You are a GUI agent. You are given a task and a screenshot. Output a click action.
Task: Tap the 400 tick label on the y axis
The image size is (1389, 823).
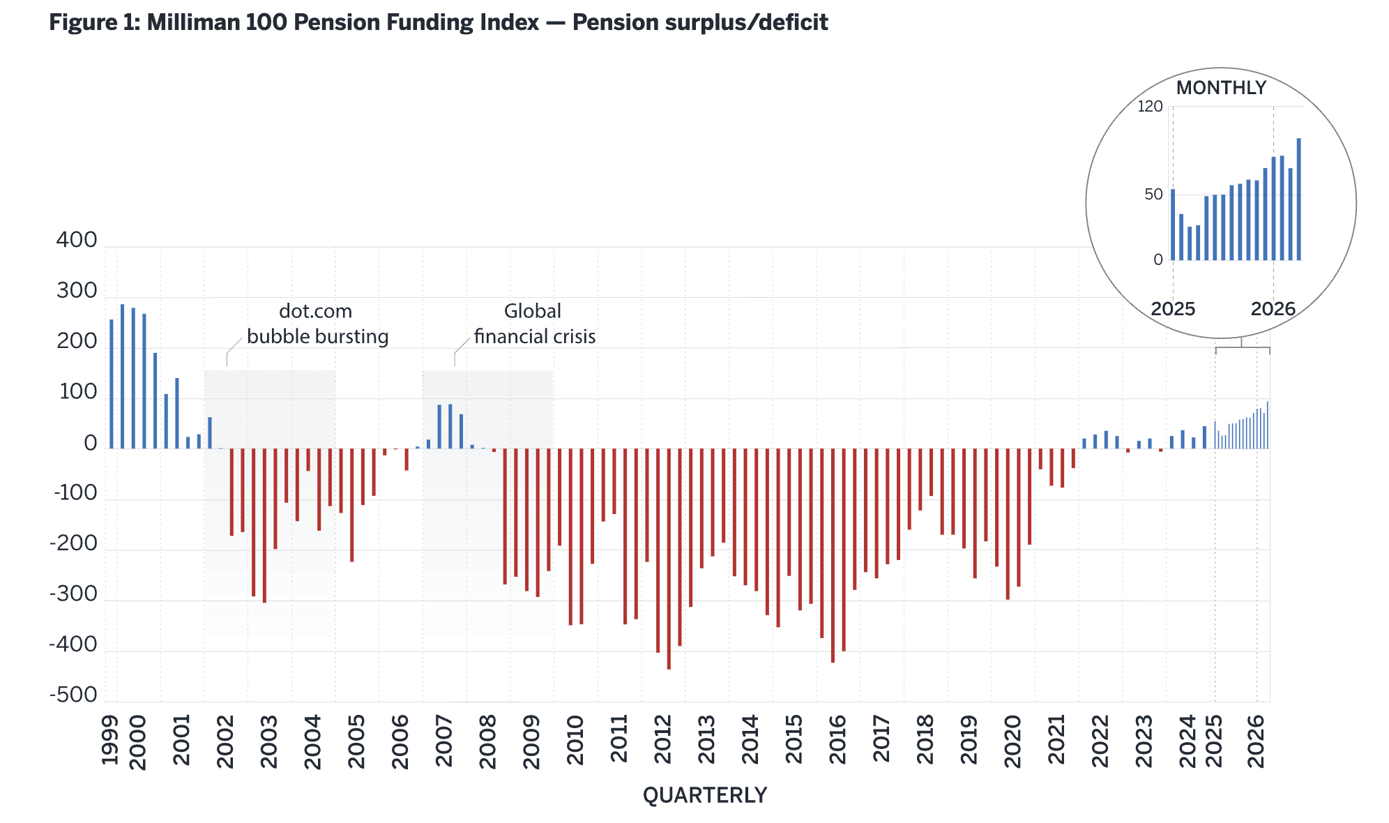(77, 240)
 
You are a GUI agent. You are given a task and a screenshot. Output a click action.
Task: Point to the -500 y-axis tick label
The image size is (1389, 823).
(73, 695)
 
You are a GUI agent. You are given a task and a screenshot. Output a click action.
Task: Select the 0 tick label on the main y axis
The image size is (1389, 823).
(91, 444)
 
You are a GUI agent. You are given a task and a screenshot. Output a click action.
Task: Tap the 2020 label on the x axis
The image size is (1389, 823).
(1012, 741)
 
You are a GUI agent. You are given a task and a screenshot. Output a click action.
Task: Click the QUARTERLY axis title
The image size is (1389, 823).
(705, 795)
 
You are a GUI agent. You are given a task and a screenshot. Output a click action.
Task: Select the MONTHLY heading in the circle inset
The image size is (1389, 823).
(1221, 88)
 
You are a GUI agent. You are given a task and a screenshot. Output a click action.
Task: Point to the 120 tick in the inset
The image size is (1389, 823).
(1151, 107)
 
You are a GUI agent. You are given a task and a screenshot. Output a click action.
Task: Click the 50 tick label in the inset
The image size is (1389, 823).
(1154, 195)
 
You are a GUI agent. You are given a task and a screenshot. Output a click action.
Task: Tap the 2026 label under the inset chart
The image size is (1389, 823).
(1273, 309)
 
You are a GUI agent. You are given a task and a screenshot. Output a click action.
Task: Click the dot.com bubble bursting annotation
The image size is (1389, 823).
(317, 324)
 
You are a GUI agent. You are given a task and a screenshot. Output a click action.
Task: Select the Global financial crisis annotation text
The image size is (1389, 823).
(535, 324)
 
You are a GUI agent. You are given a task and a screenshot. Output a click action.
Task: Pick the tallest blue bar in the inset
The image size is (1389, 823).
(1299, 199)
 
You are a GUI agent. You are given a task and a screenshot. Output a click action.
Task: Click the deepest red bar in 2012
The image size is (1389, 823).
(669, 559)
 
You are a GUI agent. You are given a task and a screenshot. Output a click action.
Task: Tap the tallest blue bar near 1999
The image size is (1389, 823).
(122, 377)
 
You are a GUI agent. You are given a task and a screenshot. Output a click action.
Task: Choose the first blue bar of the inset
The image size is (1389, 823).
(1173, 225)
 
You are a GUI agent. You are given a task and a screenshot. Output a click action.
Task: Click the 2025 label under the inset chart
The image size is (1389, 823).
(1173, 309)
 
